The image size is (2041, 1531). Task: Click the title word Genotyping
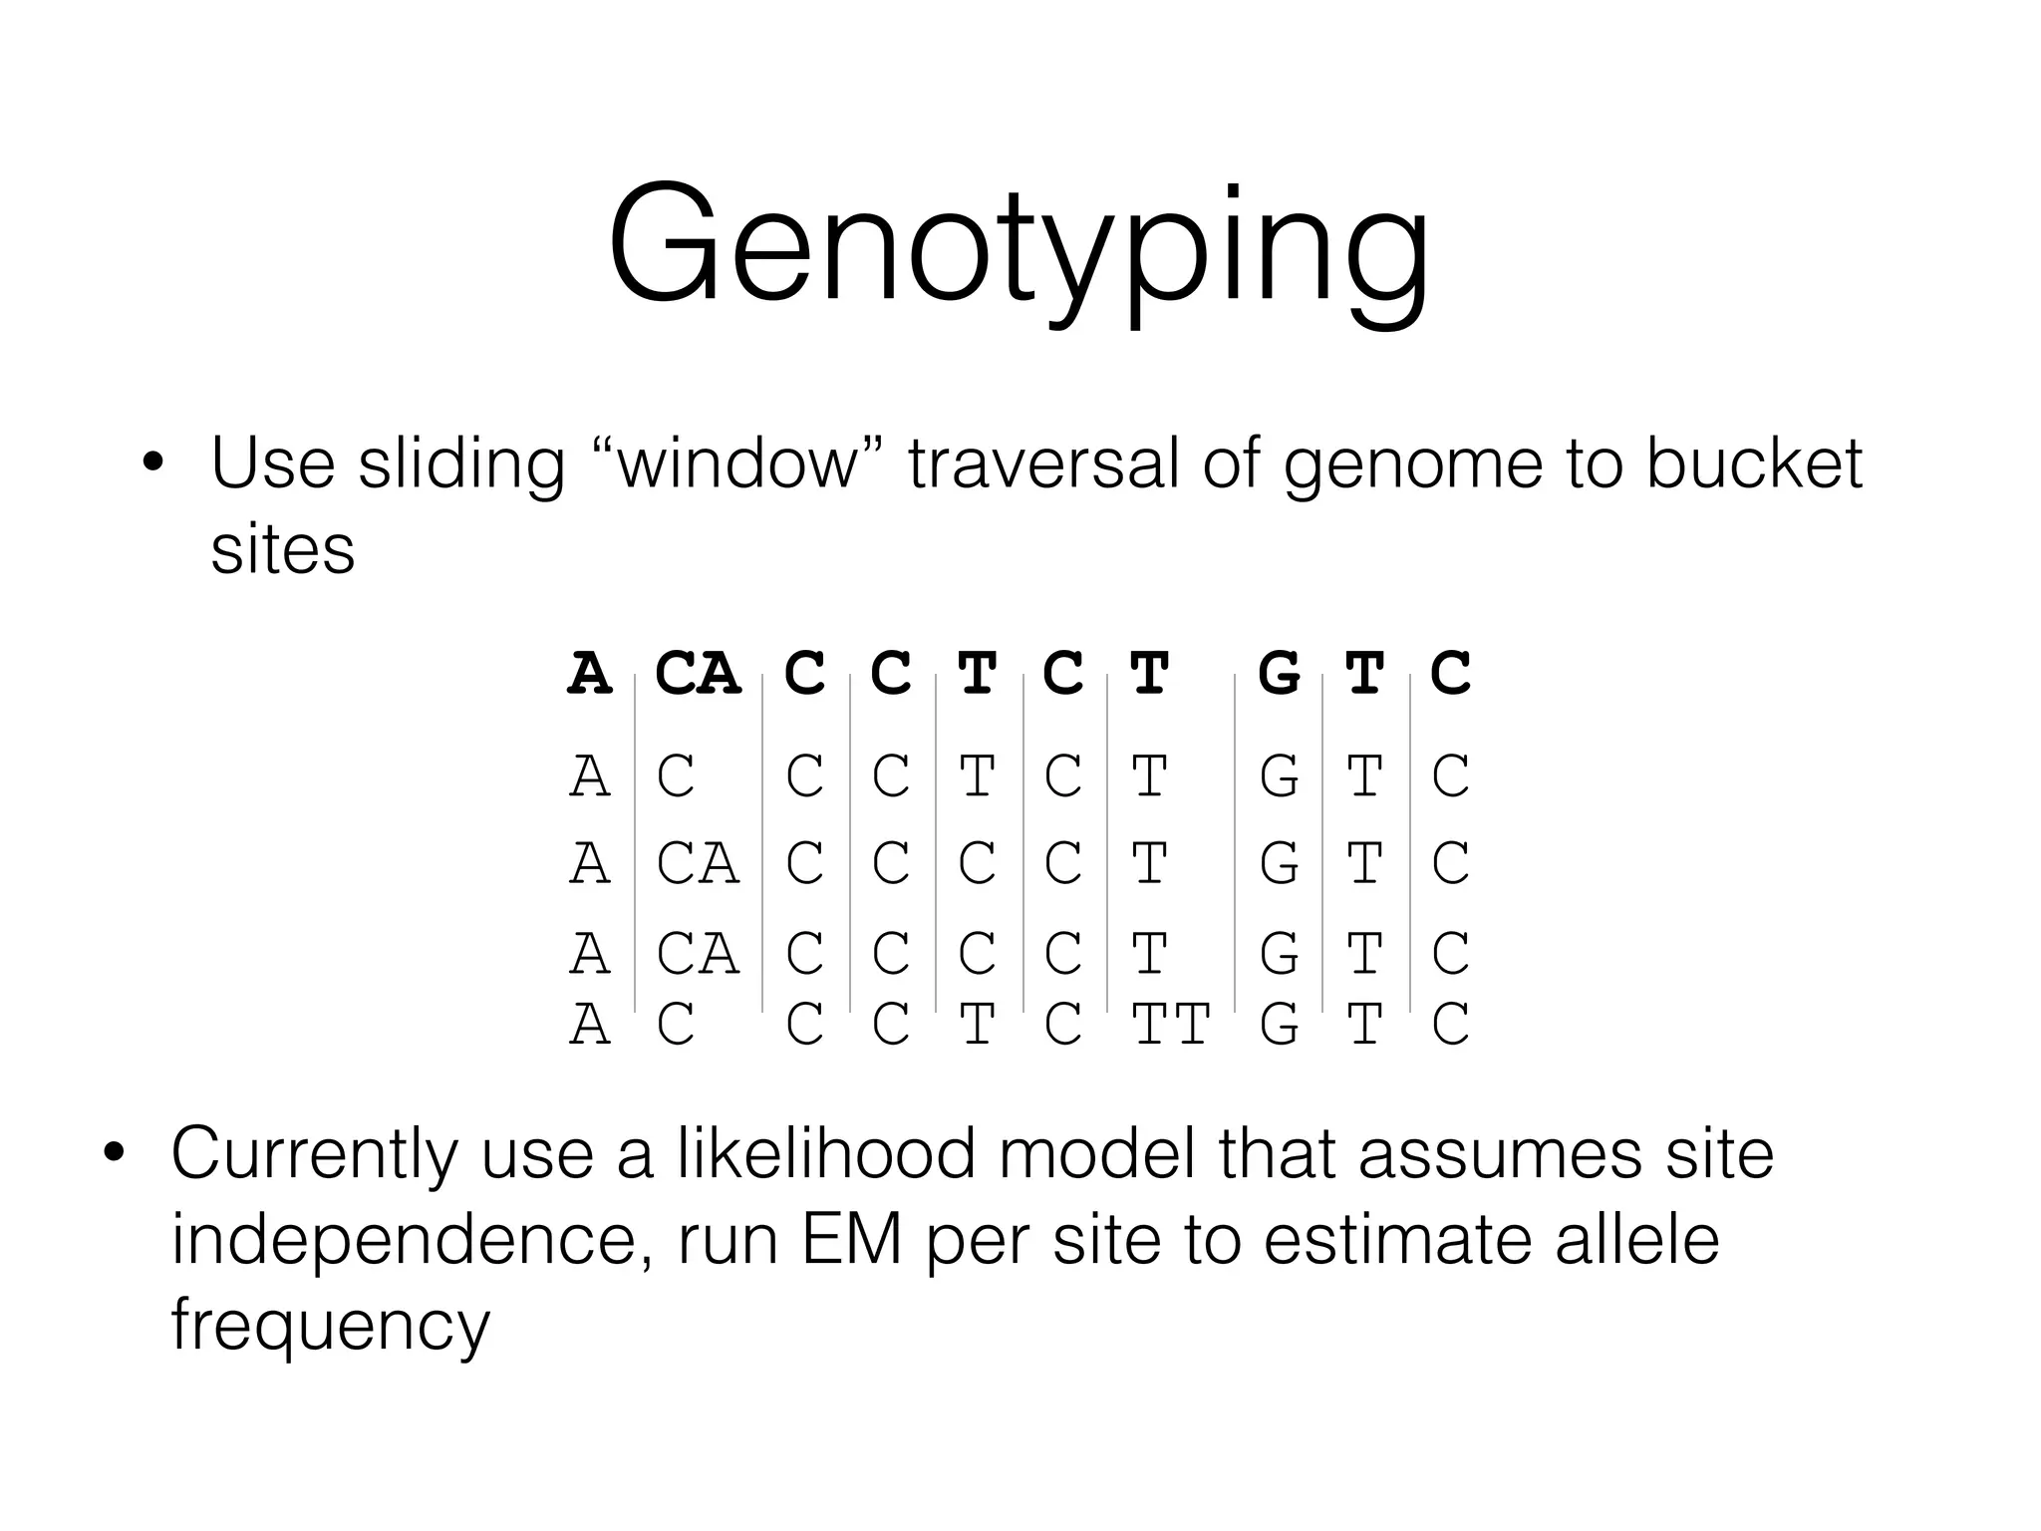[x=1019, y=249]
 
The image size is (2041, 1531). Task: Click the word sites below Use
[x=282, y=549]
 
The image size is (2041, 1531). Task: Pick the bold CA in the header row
[x=698, y=674]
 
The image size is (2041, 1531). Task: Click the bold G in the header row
[x=1279, y=674]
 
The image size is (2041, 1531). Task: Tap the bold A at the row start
[x=589, y=674]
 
